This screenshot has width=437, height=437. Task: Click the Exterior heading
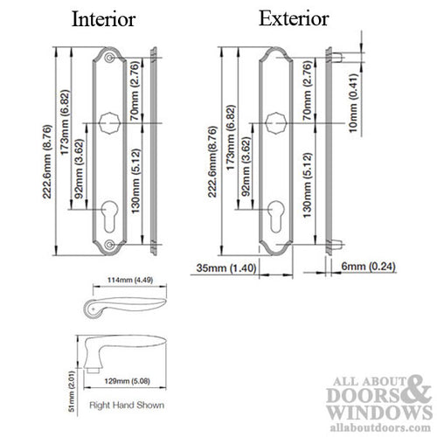pyautogui.click(x=294, y=17)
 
